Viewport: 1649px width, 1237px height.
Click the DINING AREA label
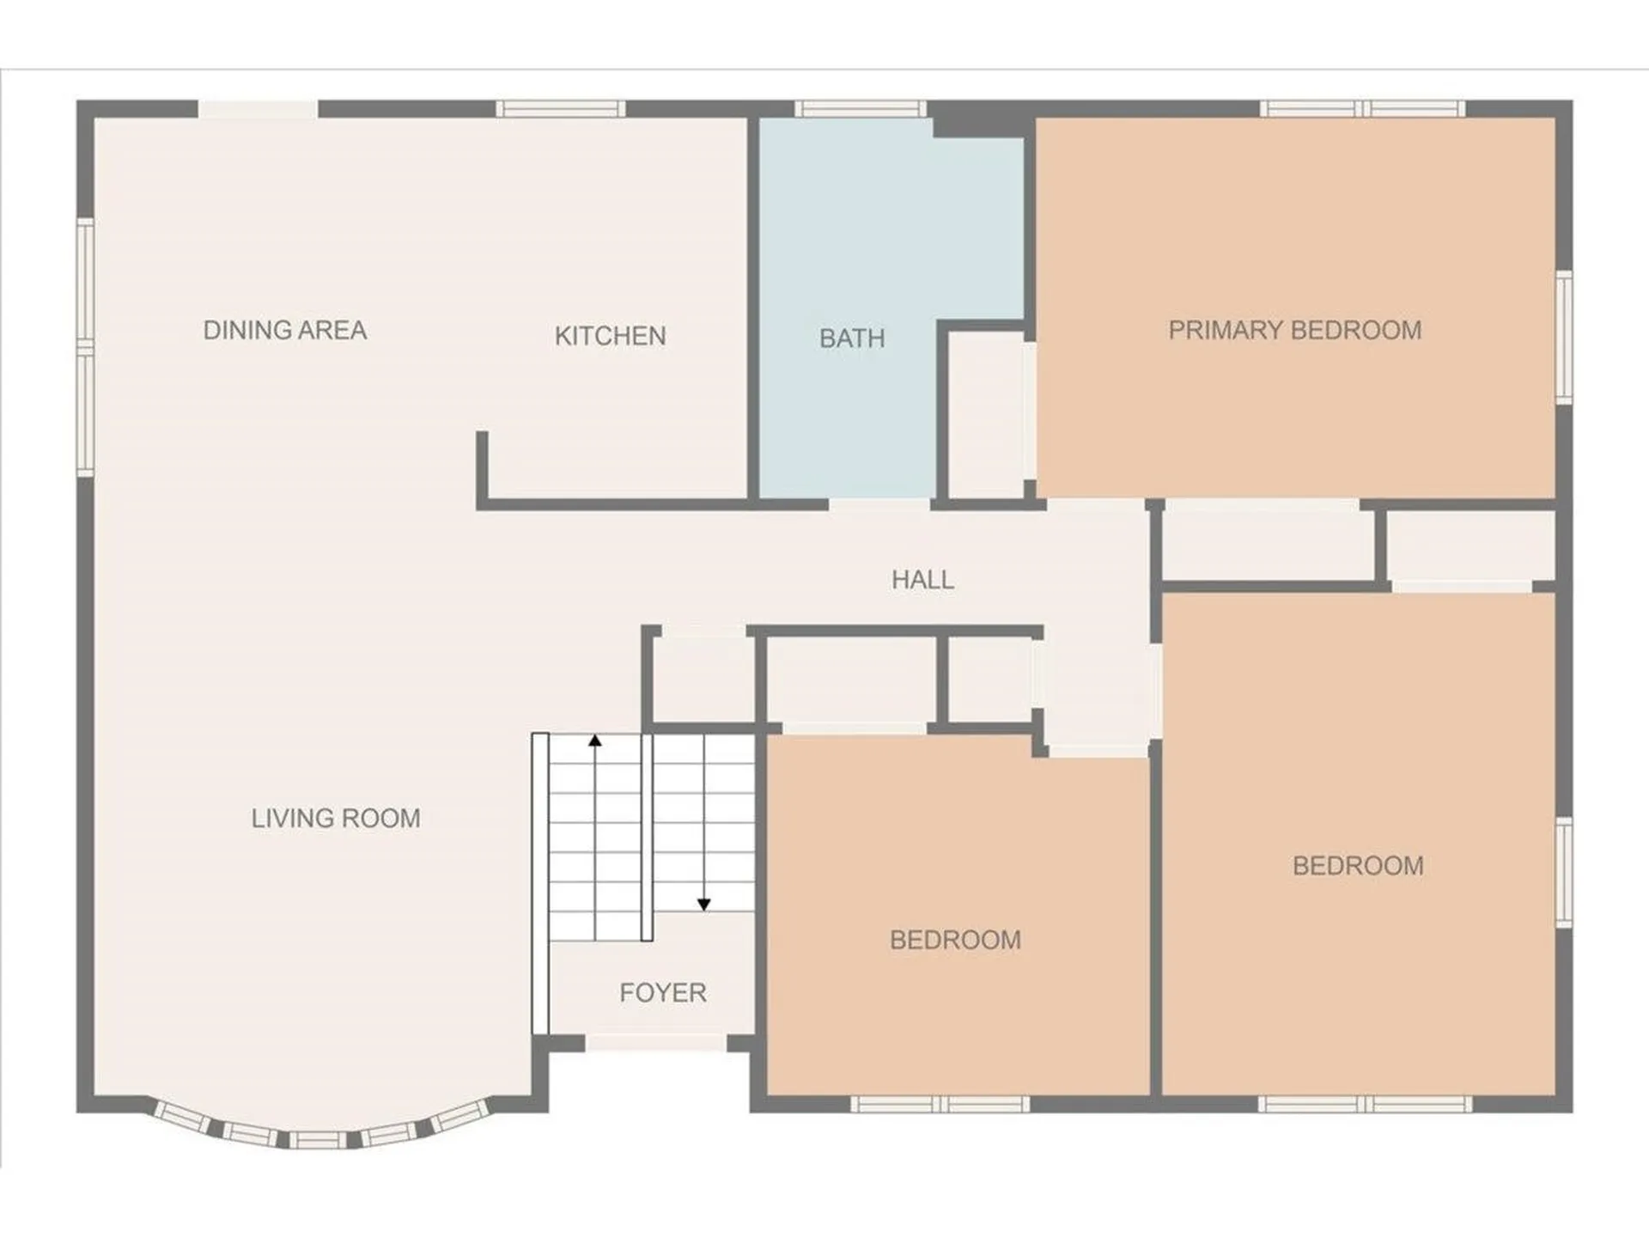285,330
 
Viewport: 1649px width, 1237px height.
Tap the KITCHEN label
610,336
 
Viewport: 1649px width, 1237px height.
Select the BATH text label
852,338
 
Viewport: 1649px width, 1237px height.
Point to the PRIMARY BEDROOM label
1295,330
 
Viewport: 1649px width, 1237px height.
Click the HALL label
922,580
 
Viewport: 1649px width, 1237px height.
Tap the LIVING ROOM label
336,818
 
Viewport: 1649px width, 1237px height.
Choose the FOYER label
663,993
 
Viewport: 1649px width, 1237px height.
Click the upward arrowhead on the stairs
595,740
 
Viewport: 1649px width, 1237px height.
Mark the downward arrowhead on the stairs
704,905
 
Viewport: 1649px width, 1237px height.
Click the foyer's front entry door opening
657,1043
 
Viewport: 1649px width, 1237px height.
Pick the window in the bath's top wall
860,108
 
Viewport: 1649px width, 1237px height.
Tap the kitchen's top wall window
561,108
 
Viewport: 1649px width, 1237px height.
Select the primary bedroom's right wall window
1564,337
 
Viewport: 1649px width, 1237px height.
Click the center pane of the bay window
317,1140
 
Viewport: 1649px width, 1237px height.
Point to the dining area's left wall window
85,347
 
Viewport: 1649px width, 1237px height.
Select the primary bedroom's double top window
1363,108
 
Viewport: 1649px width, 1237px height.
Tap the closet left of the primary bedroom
987,414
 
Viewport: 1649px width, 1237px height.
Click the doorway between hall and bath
879,504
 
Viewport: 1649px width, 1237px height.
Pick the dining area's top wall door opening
259,109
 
